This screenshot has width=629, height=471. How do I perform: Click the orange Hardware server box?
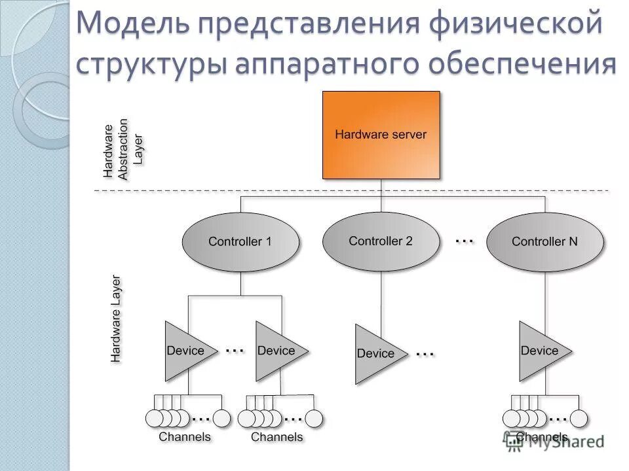coord(381,135)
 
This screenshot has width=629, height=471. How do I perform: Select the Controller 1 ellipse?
coord(240,241)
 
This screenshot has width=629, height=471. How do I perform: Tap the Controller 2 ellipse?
coord(381,241)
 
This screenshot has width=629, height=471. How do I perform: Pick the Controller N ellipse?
coord(544,241)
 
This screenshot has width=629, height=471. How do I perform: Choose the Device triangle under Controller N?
coord(541,351)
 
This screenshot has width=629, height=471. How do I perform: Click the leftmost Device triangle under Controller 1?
coord(187,351)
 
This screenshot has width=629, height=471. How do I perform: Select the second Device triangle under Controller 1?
coord(278,351)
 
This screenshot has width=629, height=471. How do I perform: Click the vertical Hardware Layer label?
coord(116,319)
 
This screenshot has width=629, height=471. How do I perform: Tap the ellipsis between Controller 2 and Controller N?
coord(464,241)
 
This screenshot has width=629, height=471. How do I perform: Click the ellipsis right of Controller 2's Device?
coord(425,354)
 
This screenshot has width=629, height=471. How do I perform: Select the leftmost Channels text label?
coord(185,436)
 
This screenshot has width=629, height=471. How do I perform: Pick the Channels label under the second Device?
coord(277,436)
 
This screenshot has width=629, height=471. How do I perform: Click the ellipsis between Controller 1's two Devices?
coord(235,351)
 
